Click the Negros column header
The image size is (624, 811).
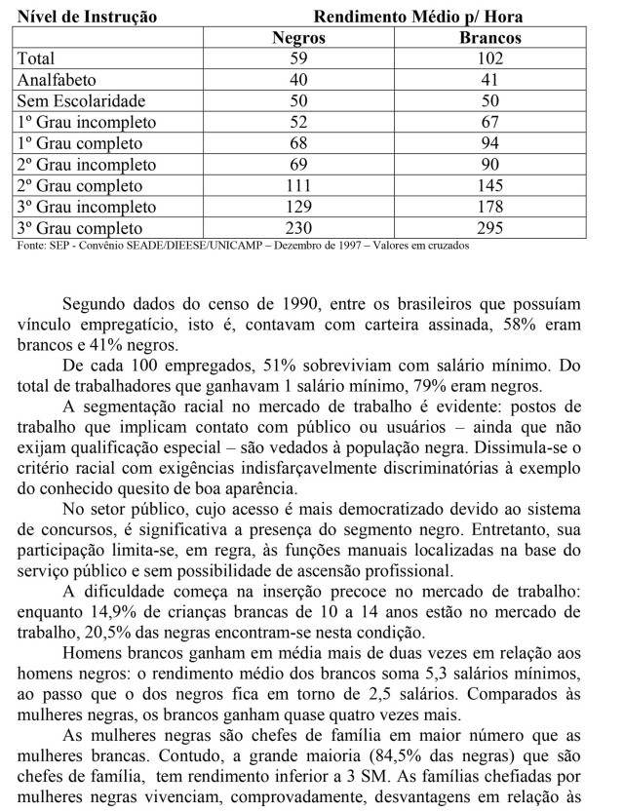(x=298, y=38)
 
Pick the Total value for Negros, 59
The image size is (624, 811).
(x=298, y=58)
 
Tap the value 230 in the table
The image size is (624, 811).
(x=298, y=228)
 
